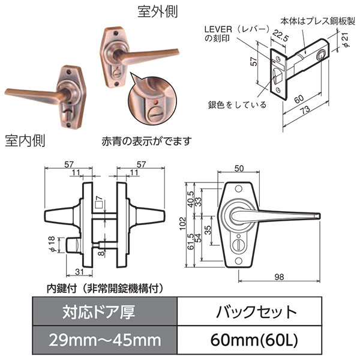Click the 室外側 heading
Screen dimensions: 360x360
coord(158,11)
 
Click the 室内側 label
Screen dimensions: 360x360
coord(25,140)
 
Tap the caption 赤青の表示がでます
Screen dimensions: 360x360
coord(147,141)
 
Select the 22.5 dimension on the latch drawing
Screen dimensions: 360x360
coord(281,35)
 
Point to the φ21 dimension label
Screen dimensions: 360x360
coord(346,40)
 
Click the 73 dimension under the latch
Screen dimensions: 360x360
coord(305,110)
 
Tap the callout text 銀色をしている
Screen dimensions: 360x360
coord(237,105)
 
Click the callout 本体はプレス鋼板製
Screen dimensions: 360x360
coord(318,21)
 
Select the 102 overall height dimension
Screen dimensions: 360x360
coord(182,223)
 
